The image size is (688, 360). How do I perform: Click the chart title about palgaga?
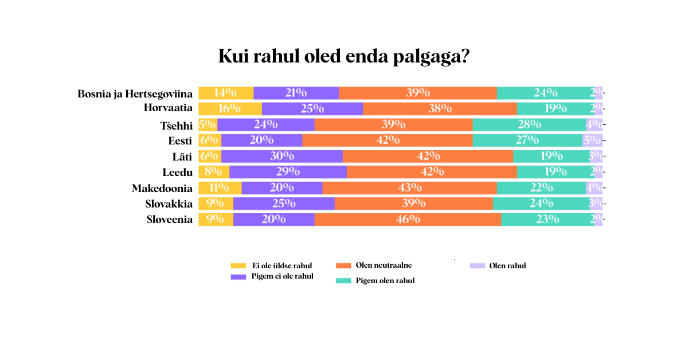[x=344, y=57]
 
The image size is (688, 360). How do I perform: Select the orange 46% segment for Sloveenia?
[x=408, y=219]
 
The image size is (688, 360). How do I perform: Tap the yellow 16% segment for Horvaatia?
[x=230, y=109]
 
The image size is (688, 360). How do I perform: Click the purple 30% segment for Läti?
[x=282, y=156]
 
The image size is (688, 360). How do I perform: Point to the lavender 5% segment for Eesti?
[x=592, y=140]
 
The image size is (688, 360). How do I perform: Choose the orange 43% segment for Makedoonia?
[x=409, y=187]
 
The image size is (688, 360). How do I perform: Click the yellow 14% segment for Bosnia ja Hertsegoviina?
[x=226, y=93]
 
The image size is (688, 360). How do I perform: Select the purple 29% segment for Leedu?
[x=288, y=171]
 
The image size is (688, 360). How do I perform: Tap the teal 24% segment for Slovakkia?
[x=541, y=203]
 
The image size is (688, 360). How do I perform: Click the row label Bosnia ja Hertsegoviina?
[x=135, y=93]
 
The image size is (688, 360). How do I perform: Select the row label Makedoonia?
[x=162, y=188]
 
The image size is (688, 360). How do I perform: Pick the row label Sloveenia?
[x=170, y=220]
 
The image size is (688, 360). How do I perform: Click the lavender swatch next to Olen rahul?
[x=478, y=266]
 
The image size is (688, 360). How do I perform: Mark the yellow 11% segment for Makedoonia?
[x=220, y=187]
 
